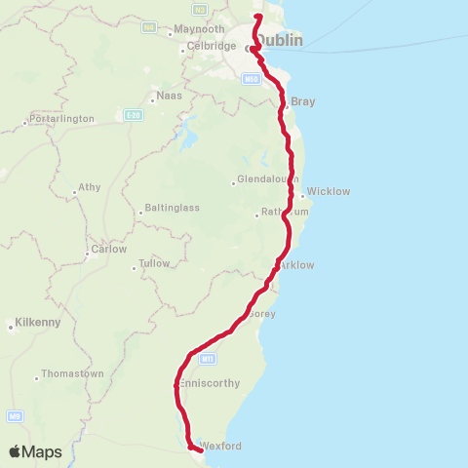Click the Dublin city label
point(281,41)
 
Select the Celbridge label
point(212,46)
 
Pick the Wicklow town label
point(328,191)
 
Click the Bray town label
point(302,101)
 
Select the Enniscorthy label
point(210,383)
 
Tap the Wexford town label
point(219,446)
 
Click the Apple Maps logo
point(35,451)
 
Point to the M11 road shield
point(206,359)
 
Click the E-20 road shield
point(133,114)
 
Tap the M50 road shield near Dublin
point(251,78)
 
